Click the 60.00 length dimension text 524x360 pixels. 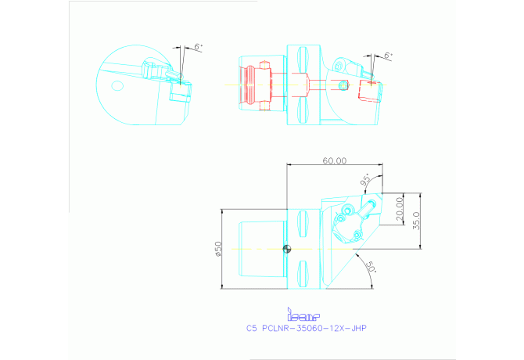point(334,160)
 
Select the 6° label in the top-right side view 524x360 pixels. point(389,56)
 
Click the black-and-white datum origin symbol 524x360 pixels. point(288,250)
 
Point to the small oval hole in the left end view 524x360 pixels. point(118,85)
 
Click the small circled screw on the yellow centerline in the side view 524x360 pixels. point(342,84)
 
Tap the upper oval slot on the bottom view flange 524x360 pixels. point(303,221)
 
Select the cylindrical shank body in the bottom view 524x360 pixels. point(261,249)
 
